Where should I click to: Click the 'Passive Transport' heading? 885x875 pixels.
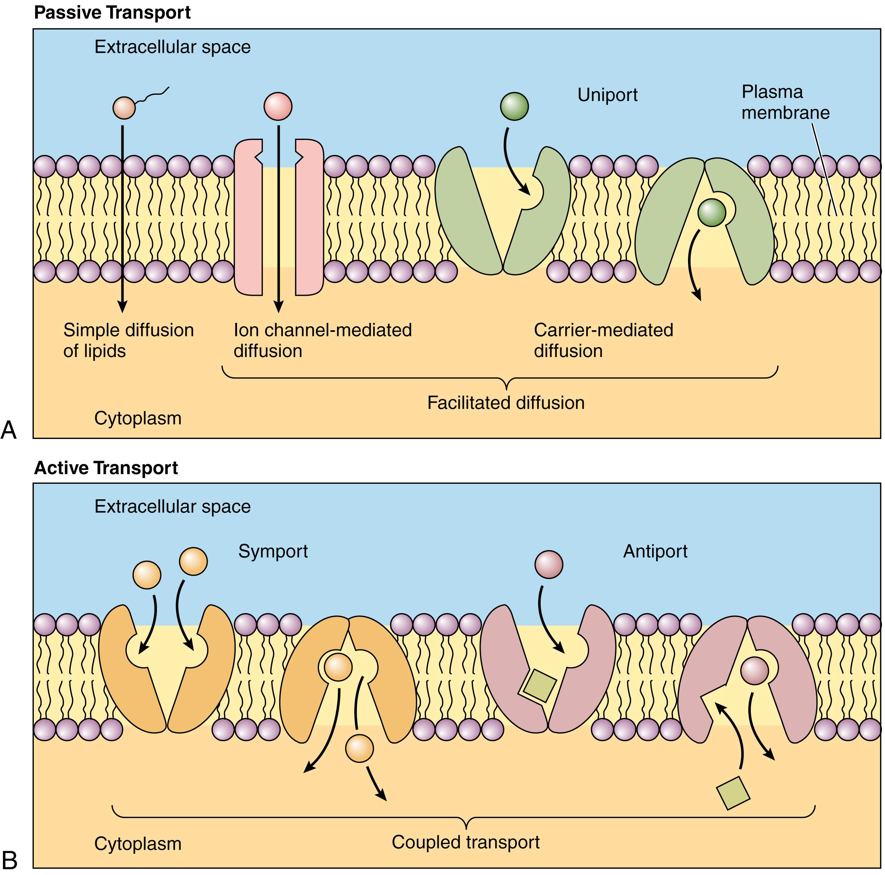coord(112,12)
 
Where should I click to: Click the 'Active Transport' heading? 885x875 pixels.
coord(106,468)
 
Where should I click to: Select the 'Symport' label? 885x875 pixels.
coord(273,551)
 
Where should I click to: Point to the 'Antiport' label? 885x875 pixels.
coord(655,551)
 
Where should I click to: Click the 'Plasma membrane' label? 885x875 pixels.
coord(785,102)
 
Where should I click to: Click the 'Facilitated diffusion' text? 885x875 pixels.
coord(505,403)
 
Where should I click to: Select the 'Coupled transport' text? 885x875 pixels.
coord(465,842)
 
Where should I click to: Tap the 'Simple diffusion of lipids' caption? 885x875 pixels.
coord(128,340)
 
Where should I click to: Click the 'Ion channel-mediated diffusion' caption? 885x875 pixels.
coord(322,340)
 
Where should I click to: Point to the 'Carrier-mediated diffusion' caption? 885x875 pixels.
coord(603,340)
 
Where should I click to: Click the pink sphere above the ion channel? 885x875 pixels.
coord(277,106)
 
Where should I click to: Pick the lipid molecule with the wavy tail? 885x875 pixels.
coord(124,108)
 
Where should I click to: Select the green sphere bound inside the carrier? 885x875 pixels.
coord(712,212)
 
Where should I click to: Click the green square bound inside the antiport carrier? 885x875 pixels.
coord(540,685)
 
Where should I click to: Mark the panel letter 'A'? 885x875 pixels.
coord(9,430)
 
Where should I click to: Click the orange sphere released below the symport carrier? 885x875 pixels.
coord(359,748)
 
